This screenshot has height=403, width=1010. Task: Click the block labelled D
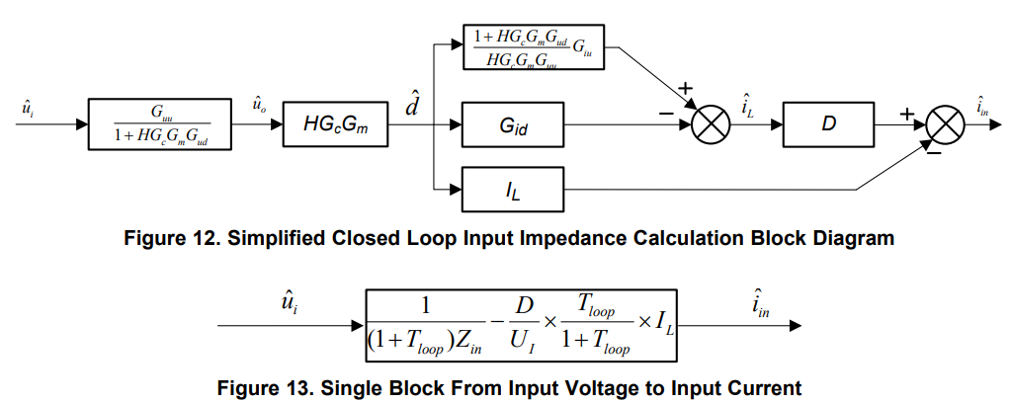(828, 125)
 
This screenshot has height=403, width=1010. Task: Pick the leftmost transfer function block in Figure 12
(160, 125)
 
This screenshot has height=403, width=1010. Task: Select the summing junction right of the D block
(947, 126)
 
